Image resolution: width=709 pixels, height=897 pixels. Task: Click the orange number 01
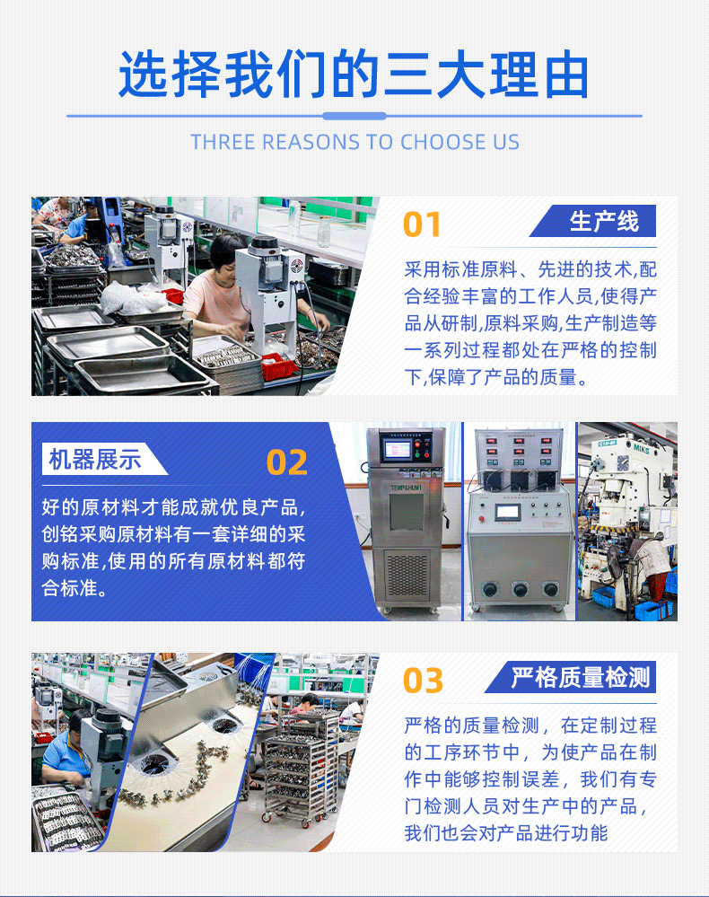point(422,224)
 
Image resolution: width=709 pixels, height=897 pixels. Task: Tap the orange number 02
point(287,462)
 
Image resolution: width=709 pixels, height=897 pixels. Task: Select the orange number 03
point(423,681)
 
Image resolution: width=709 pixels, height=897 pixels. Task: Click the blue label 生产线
point(603,222)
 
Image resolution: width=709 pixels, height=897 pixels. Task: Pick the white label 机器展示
point(95,461)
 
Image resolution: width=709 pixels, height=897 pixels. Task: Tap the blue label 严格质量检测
point(580,677)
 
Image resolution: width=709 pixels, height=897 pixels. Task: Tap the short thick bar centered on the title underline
point(354,116)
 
